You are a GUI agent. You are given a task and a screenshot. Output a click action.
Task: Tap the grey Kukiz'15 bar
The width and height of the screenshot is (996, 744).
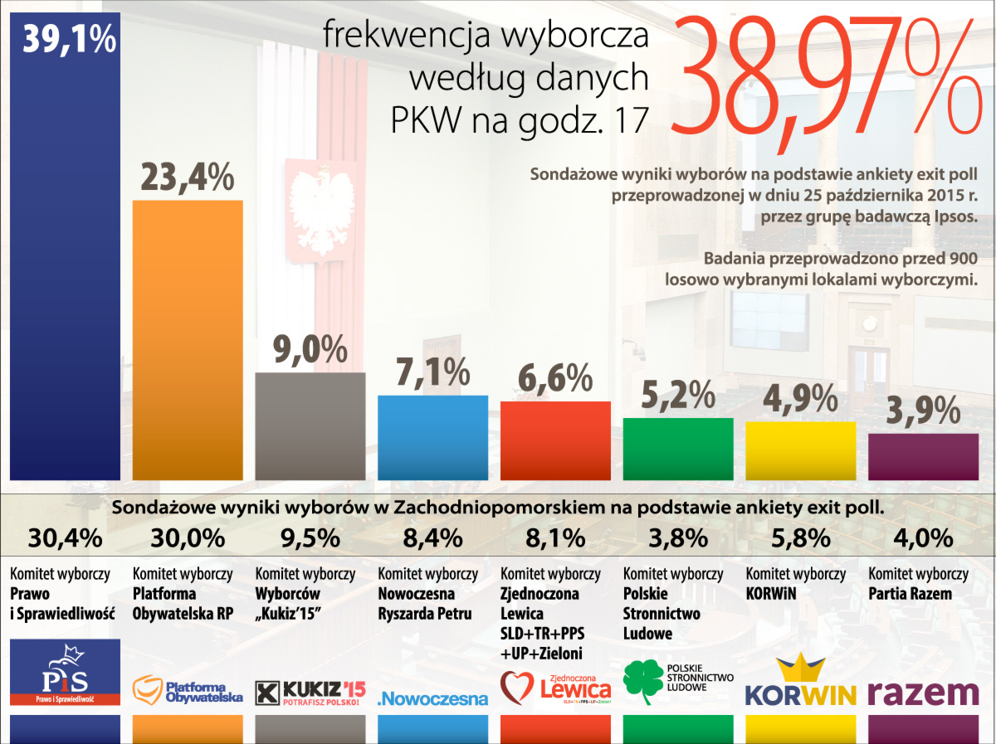click(x=310, y=425)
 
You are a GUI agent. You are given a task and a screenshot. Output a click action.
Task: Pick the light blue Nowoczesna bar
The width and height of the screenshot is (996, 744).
click(x=432, y=436)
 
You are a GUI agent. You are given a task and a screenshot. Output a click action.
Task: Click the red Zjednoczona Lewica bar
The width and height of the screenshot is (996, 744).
click(x=555, y=440)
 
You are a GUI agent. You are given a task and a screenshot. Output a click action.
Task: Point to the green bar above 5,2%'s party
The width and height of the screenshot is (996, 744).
click(x=678, y=448)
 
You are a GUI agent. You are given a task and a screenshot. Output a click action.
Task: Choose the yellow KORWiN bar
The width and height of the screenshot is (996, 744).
click(x=800, y=450)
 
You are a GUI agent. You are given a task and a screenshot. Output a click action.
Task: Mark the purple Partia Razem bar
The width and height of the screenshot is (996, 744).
click(x=923, y=456)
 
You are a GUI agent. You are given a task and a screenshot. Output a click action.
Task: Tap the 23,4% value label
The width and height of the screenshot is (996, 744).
click(x=188, y=177)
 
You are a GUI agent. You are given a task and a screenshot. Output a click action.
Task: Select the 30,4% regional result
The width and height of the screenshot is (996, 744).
click(x=65, y=538)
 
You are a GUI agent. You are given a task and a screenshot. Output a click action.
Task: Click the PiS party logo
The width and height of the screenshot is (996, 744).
click(x=65, y=672)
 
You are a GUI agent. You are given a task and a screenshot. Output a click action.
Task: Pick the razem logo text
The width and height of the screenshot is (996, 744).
click(x=923, y=693)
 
